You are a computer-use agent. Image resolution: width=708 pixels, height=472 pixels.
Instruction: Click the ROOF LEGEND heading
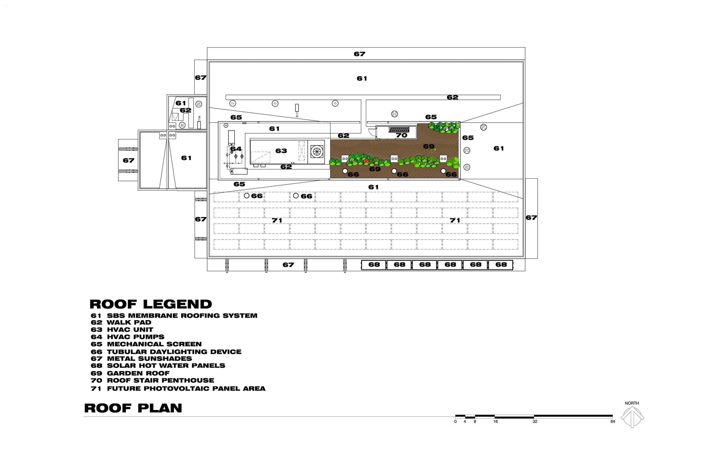coord(150,304)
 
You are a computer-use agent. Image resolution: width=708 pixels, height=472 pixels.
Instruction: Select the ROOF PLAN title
coord(133,408)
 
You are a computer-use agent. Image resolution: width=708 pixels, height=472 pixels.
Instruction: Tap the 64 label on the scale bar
coord(612,422)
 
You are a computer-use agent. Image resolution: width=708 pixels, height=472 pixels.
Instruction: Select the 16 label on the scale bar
coord(495,422)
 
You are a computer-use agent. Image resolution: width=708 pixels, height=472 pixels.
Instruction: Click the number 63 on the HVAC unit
coord(281,151)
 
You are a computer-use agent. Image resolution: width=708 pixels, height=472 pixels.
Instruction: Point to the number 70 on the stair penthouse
coord(401,135)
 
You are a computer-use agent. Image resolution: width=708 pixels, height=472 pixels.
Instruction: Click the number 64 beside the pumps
coord(236,149)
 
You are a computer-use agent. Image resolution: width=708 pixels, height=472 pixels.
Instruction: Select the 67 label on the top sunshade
coord(359,54)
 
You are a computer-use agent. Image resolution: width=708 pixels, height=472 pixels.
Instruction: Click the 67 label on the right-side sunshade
coord(531,218)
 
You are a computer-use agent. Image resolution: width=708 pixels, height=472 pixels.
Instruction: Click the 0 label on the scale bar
coord(455,422)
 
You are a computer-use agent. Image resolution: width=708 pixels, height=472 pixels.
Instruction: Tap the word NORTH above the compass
coord(632,403)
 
